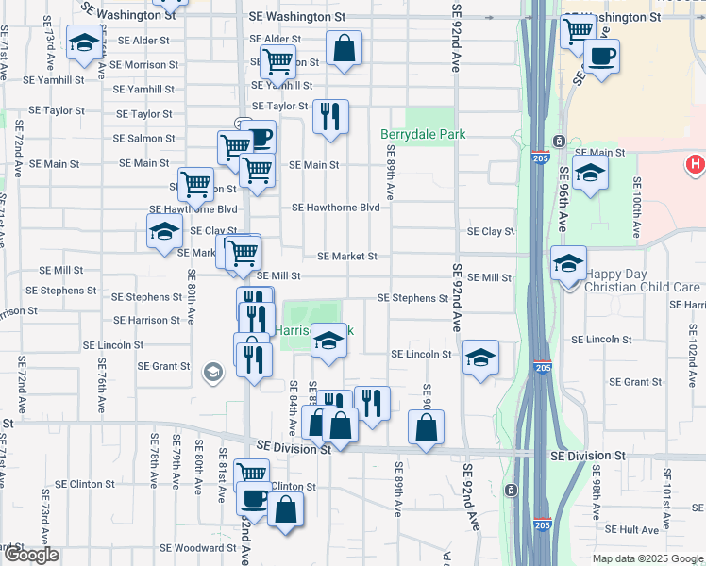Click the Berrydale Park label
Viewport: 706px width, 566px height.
pyautogui.click(x=423, y=135)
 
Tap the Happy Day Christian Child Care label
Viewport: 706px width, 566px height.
pyautogui.click(x=642, y=280)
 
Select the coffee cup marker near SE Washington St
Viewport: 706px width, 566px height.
pyautogui.click(x=600, y=56)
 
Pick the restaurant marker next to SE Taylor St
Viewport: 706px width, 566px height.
pyautogui.click(x=330, y=117)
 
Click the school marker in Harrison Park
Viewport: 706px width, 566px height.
pyautogui.click(x=328, y=341)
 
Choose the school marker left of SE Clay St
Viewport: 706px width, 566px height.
pyautogui.click(x=164, y=231)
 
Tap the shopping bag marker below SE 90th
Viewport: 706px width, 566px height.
pyautogui.click(x=427, y=427)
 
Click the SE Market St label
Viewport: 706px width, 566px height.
pyautogui.click(x=346, y=256)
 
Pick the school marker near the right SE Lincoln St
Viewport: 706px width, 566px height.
pyautogui.click(x=480, y=358)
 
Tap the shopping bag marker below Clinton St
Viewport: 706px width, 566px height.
pyautogui.click(x=285, y=509)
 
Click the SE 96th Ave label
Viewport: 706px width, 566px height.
pyautogui.click(x=563, y=197)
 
